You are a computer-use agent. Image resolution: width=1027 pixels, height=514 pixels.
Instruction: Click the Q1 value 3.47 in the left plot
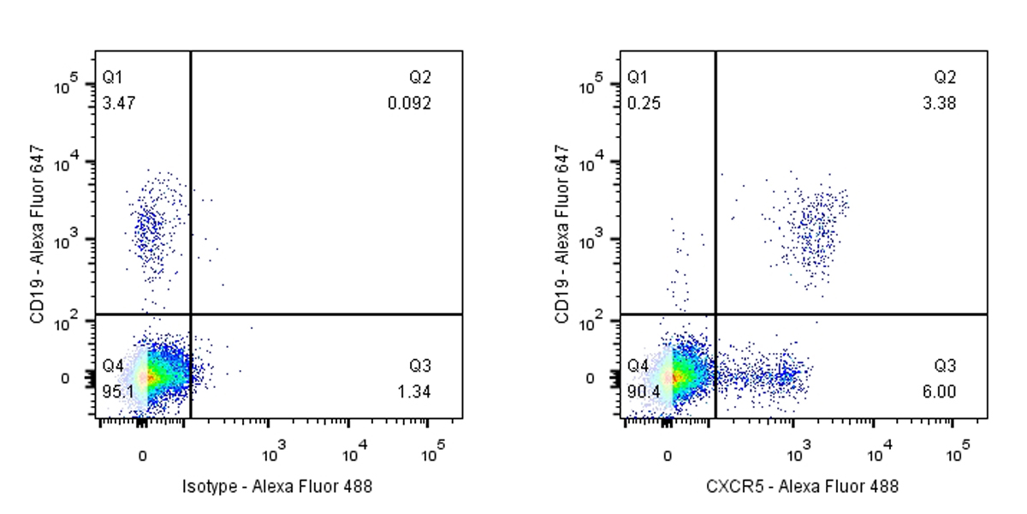pyautogui.click(x=118, y=104)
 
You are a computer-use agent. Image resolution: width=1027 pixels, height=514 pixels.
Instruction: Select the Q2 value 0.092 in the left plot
pyautogui.click(x=409, y=104)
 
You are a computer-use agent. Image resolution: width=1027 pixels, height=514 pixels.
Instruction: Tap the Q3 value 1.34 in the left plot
pyautogui.click(x=414, y=391)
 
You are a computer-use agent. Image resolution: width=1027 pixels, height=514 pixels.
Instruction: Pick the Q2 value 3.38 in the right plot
pyautogui.click(x=940, y=104)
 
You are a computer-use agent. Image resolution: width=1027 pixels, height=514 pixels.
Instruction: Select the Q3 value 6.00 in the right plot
pyautogui.click(x=940, y=391)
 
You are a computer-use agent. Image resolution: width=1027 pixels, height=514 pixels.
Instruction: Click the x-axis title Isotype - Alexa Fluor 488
pyautogui.click(x=277, y=487)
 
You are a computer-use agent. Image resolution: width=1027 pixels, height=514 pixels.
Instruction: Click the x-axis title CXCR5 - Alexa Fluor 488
pyautogui.click(x=802, y=487)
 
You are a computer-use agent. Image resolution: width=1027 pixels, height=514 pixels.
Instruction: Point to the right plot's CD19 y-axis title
pyautogui.click(x=562, y=234)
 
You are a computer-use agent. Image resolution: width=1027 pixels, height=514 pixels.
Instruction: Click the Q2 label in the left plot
pyautogui.click(x=419, y=78)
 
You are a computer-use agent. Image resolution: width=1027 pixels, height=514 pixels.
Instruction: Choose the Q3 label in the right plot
pyautogui.click(x=945, y=367)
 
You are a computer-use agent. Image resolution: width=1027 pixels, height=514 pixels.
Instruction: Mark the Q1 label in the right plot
pyautogui.click(x=638, y=78)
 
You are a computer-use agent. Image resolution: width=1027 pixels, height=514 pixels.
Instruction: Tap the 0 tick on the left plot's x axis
pyautogui.click(x=143, y=455)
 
